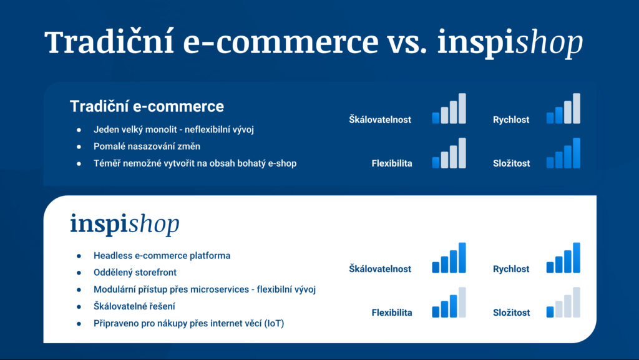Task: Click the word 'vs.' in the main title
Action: point(407,42)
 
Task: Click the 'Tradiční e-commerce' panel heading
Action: point(147,106)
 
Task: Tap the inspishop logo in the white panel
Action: point(125,223)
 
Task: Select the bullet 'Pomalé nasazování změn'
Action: point(147,146)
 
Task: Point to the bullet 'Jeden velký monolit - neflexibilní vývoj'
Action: point(173,130)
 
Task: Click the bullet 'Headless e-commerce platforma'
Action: point(162,255)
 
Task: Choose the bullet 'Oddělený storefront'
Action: point(135,273)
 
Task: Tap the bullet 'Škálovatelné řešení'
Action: point(134,306)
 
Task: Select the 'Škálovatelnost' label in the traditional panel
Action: point(380,119)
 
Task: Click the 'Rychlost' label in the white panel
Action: point(511,269)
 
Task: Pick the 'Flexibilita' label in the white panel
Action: point(392,313)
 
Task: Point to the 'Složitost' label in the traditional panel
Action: point(512,163)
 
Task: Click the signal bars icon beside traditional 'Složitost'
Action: point(563,153)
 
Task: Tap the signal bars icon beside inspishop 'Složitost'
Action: point(563,303)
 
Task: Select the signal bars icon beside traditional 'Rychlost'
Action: point(563,109)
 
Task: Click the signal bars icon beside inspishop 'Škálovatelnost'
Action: point(449,258)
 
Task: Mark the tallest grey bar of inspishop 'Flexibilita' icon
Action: point(462,303)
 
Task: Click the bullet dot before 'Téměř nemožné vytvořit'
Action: point(79,163)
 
